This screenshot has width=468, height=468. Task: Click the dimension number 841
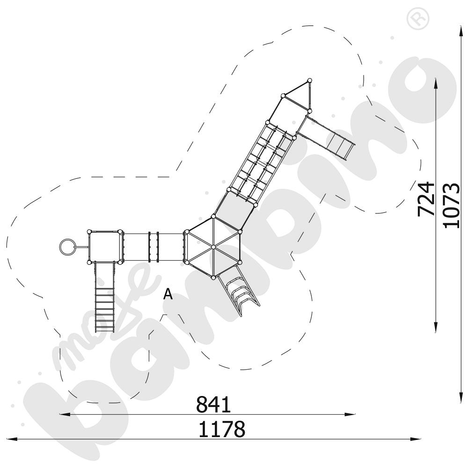point(213,404)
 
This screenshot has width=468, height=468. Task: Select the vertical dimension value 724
point(426,198)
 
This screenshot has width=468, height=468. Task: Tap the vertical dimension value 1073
point(451,205)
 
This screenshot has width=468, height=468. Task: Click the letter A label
point(168,294)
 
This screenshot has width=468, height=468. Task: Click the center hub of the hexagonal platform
point(212,247)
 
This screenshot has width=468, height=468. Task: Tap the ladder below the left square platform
point(105,300)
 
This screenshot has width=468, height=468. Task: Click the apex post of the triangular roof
point(309,81)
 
